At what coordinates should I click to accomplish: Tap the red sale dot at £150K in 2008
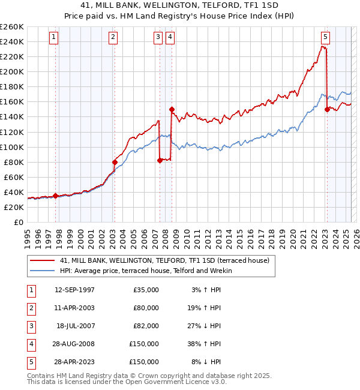[172, 109]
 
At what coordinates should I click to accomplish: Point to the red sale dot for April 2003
[115, 162]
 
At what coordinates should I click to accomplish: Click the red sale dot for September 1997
[56, 196]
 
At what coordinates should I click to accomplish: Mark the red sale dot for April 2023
[327, 109]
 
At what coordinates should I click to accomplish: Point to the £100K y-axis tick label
[11, 147]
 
